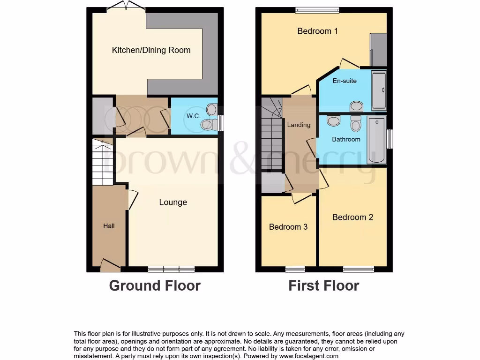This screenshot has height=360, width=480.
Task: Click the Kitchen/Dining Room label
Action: click(x=151, y=50)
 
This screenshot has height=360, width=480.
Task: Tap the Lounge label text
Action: click(x=173, y=202)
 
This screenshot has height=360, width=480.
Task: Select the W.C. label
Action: click(x=194, y=116)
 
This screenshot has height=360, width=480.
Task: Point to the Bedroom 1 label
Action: click(x=317, y=31)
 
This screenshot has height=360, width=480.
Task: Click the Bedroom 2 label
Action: click(x=352, y=217)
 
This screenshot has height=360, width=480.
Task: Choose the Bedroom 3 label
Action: click(x=288, y=227)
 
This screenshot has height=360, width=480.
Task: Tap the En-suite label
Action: click(x=345, y=81)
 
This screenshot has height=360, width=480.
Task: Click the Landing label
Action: click(x=299, y=125)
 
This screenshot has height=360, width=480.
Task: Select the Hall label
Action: click(x=109, y=226)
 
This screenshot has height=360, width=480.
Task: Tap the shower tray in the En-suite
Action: click(x=378, y=91)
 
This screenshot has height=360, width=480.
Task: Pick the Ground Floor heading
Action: click(x=155, y=285)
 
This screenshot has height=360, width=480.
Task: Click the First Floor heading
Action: click(x=323, y=285)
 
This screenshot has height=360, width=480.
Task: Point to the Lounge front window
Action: click(x=171, y=269)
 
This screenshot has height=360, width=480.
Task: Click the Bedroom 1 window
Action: click(x=317, y=10)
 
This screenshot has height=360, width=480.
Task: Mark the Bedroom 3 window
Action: click(x=295, y=269)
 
